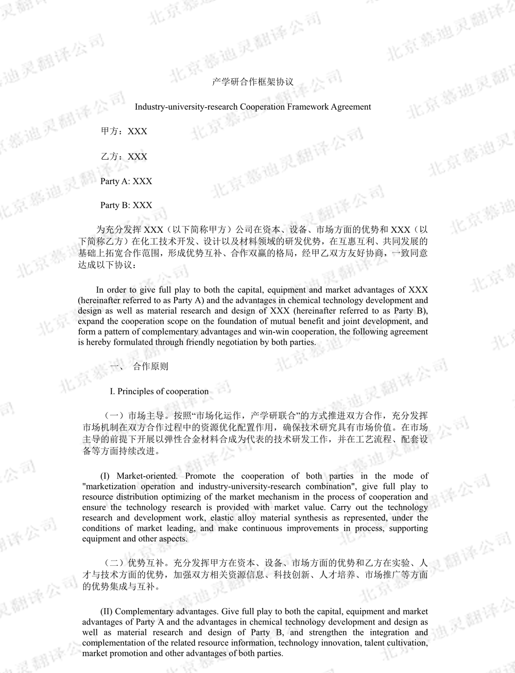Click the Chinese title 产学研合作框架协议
tap(253, 82)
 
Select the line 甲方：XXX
tap(124, 131)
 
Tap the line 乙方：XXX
tap(124, 157)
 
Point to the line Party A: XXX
tap(126, 181)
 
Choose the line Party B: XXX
tap(126, 205)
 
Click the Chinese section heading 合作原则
tap(150, 366)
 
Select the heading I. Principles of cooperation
tap(159, 391)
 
